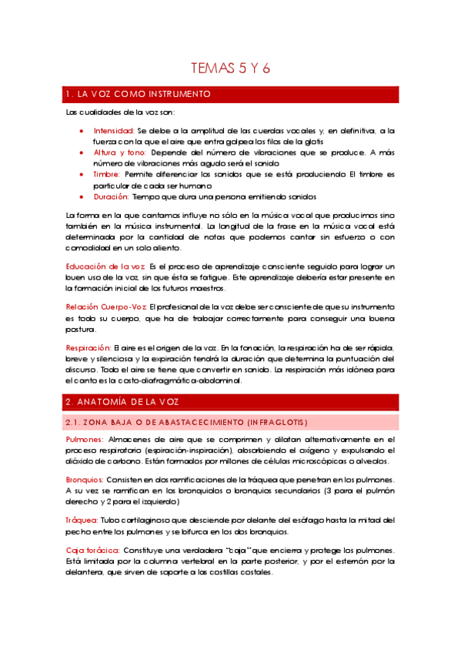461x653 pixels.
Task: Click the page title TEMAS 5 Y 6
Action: coord(230,69)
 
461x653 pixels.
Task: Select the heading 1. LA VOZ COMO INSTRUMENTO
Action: coord(138,94)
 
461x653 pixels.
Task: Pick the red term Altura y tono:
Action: coord(119,152)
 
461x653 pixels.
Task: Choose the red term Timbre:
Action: coord(107,175)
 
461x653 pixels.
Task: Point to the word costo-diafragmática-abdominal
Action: coord(192,380)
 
